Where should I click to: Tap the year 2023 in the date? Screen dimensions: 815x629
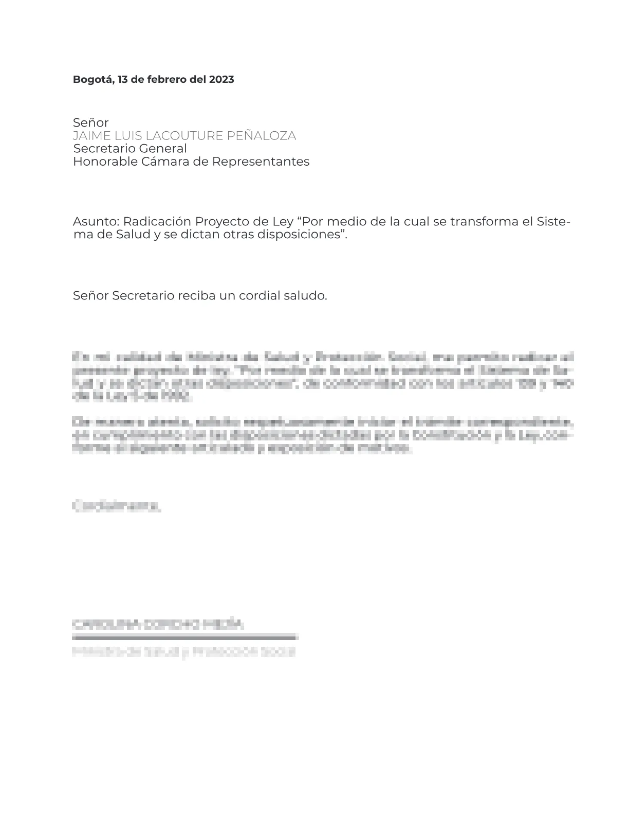[x=221, y=80]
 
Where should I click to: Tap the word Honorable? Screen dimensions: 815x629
[x=105, y=162]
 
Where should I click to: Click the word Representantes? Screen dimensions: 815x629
[x=261, y=162]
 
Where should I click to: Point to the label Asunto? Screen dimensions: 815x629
[x=96, y=222]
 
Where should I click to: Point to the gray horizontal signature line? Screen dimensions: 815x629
[x=186, y=638]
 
